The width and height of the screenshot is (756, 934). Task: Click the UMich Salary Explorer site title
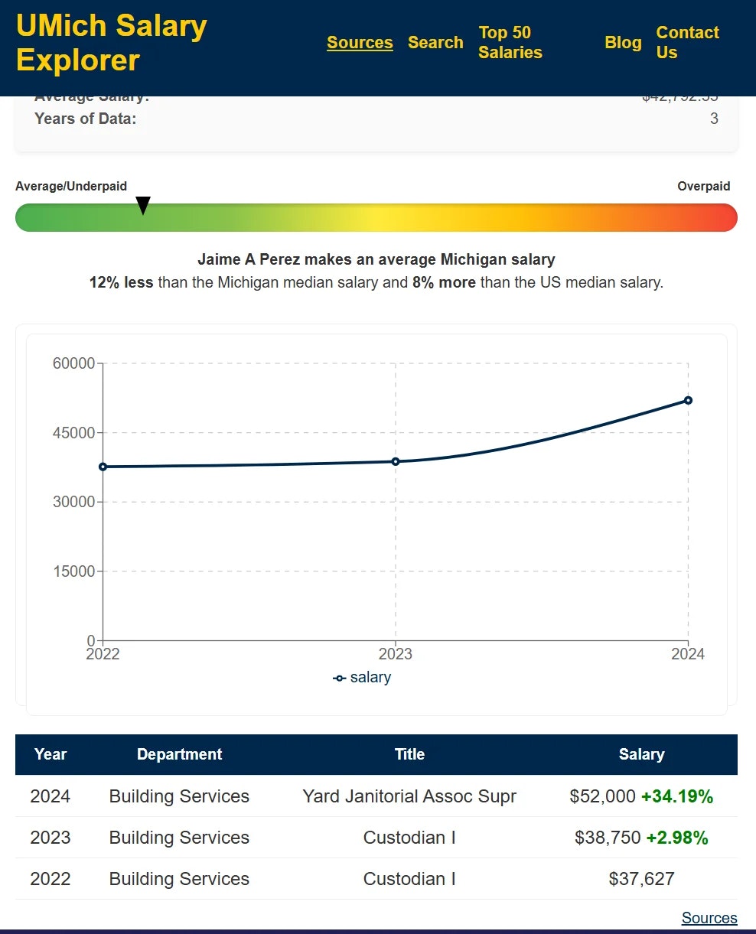click(x=112, y=43)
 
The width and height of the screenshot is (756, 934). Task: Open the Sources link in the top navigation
click(x=360, y=43)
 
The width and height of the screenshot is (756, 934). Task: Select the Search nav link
click(x=435, y=43)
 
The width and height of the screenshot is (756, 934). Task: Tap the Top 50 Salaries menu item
click(x=510, y=43)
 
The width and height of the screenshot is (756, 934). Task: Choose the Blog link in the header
click(x=623, y=43)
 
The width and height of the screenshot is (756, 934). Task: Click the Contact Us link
click(x=687, y=43)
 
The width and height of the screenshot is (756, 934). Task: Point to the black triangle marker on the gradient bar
click(x=143, y=205)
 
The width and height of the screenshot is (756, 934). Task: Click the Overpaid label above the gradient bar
click(x=703, y=187)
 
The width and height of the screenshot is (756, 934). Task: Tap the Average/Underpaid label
click(x=71, y=187)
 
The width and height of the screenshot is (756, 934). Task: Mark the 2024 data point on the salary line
click(x=688, y=400)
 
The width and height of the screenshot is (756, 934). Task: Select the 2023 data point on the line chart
click(x=396, y=461)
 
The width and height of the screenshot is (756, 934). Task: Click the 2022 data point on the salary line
click(x=103, y=467)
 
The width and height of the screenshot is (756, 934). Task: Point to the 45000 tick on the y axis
click(x=73, y=433)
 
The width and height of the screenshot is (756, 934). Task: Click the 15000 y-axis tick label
click(x=73, y=571)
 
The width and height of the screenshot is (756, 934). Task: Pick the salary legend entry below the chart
click(x=363, y=678)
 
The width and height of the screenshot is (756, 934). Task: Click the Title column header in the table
click(x=409, y=754)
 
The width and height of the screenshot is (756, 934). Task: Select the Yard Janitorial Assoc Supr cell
click(x=409, y=796)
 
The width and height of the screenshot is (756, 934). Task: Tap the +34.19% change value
click(x=676, y=796)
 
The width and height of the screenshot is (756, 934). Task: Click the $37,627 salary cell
click(x=641, y=879)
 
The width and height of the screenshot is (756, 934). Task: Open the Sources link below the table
click(x=709, y=918)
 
